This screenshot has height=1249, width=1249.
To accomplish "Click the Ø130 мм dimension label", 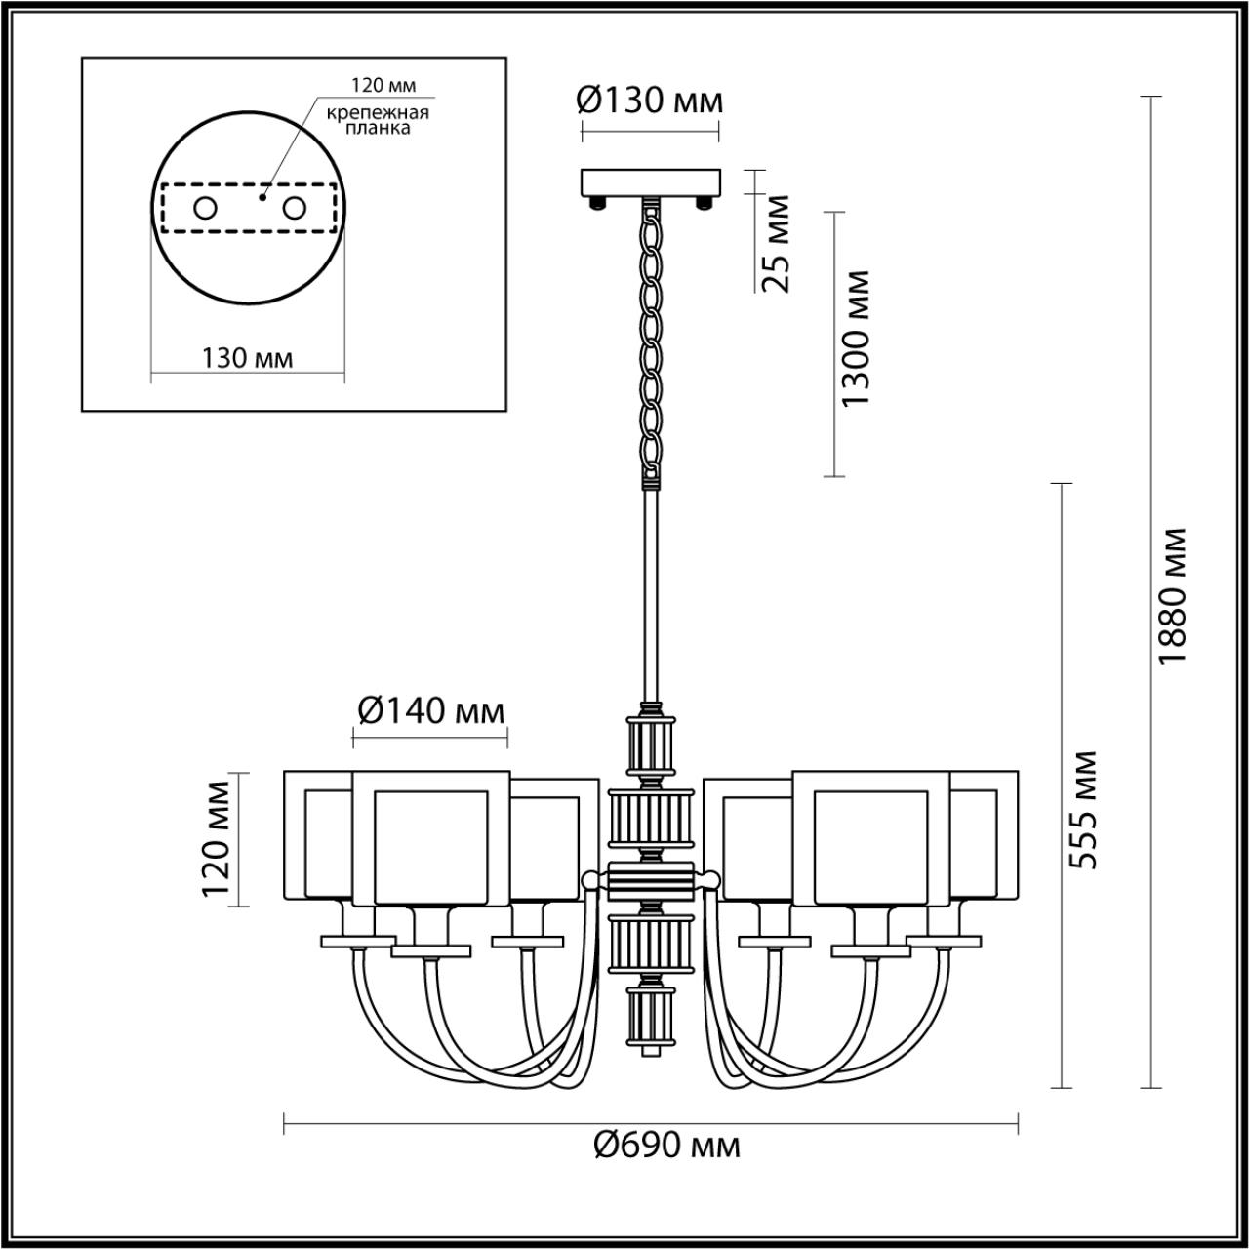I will tap(650, 101).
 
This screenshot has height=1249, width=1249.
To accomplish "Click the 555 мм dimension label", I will tap(1082, 810).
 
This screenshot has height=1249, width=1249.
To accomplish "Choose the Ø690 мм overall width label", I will tap(667, 1145).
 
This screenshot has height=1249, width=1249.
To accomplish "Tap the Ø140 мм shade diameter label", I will tap(430, 712).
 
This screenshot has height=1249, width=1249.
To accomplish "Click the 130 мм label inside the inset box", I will tap(247, 358).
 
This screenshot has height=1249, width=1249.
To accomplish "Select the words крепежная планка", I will tap(378, 120).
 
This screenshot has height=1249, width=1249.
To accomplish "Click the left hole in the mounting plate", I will tap(205, 208).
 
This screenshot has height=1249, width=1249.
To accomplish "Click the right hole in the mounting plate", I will tap(294, 208).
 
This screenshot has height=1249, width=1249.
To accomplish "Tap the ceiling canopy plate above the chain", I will tap(650, 182).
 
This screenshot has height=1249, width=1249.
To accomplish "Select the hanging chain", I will tap(650, 342).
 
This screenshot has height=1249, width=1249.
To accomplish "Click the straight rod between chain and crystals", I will tap(650, 595).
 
